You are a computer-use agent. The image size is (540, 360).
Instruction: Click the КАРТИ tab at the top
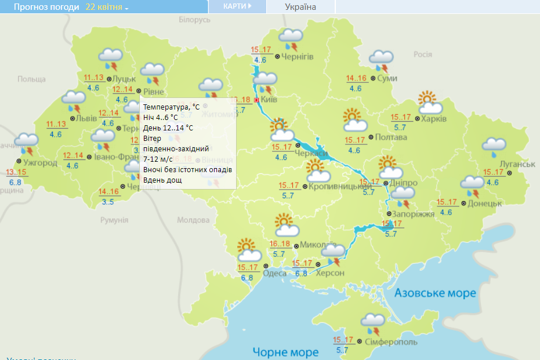click(x=237, y=6)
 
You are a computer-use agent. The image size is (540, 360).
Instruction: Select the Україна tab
click(x=300, y=7)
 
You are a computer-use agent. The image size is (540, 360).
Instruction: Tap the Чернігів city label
click(x=298, y=56)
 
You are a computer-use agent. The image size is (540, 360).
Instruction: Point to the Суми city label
click(x=387, y=78)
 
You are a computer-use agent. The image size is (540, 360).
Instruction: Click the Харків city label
click(x=434, y=118)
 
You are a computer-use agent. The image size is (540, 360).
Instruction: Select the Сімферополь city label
click(x=391, y=342)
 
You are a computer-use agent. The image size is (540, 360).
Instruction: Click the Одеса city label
click(x=275, y=273)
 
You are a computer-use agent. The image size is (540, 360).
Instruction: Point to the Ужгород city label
click(x=41, y=162)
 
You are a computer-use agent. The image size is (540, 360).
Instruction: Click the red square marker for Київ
click(x=256, y=100)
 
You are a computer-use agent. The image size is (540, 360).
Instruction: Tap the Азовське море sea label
click(x=435, y=293)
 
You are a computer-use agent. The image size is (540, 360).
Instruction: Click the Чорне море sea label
click(x=285, y=351)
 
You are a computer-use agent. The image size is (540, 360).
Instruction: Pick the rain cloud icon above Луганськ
click(x=494, y=148)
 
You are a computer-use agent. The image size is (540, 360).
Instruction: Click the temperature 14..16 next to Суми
click(x=356, y=79)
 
